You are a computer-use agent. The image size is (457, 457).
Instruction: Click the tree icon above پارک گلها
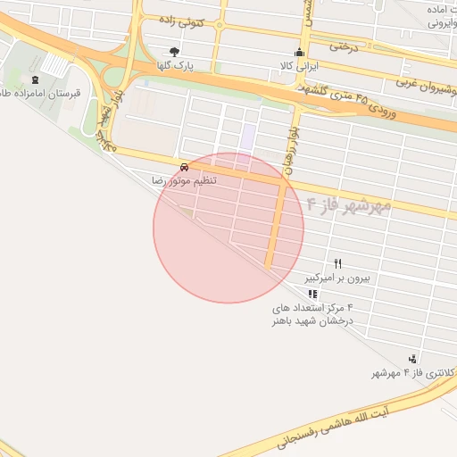click(x=174, y=52)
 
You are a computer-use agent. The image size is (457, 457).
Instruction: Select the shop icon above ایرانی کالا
click(x=299, y=52)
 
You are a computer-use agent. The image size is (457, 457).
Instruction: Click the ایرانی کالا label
click(x=299, y=66)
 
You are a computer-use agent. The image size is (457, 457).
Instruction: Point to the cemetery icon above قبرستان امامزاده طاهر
click(x=35, y=79)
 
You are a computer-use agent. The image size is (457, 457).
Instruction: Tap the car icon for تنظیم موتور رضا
click(x=184, y=166)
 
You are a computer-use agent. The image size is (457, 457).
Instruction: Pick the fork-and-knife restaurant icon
click(x=337, y=263)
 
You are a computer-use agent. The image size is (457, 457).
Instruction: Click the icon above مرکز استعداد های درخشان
click(x=312, y=294)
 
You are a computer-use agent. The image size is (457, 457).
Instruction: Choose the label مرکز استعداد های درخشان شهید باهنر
click(x=314, y=313)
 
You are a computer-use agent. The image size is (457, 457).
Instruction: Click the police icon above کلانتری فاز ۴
click(x=411, y=359)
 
